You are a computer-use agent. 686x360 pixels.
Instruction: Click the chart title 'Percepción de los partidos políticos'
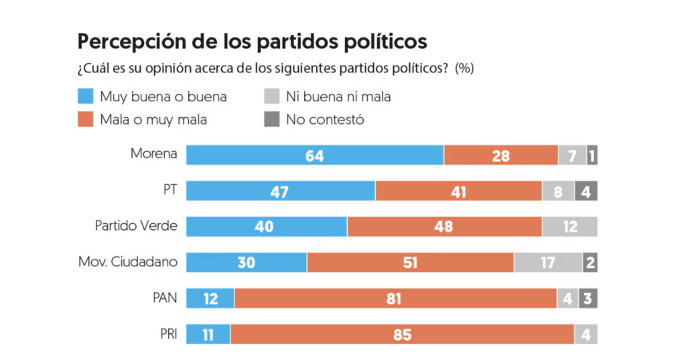pos(252,42)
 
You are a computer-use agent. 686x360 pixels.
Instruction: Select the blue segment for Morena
pos(314,156)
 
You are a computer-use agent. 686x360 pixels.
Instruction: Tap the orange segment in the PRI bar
pos(402,334)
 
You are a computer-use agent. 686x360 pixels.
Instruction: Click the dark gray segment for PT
pos(586,191)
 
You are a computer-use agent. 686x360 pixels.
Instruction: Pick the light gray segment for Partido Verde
pos(569,227)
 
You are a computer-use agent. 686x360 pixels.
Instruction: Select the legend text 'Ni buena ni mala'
pos(338,97)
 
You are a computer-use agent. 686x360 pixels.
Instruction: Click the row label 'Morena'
pos(154,154)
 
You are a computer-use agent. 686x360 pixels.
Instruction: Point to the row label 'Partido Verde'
pos(136,226)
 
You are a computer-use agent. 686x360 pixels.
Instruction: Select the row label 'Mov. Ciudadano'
pos(128,262)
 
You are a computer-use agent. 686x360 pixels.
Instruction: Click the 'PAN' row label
pos(165,298)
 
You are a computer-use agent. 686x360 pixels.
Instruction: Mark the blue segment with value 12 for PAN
pos(210,298)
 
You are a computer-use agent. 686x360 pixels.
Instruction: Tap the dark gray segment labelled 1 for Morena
pos(592,156)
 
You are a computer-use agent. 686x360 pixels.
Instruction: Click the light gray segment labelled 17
pos(548,262)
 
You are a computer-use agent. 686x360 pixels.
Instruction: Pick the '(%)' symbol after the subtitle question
pos(464,69)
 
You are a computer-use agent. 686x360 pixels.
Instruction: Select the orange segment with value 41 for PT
pos(458,191)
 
